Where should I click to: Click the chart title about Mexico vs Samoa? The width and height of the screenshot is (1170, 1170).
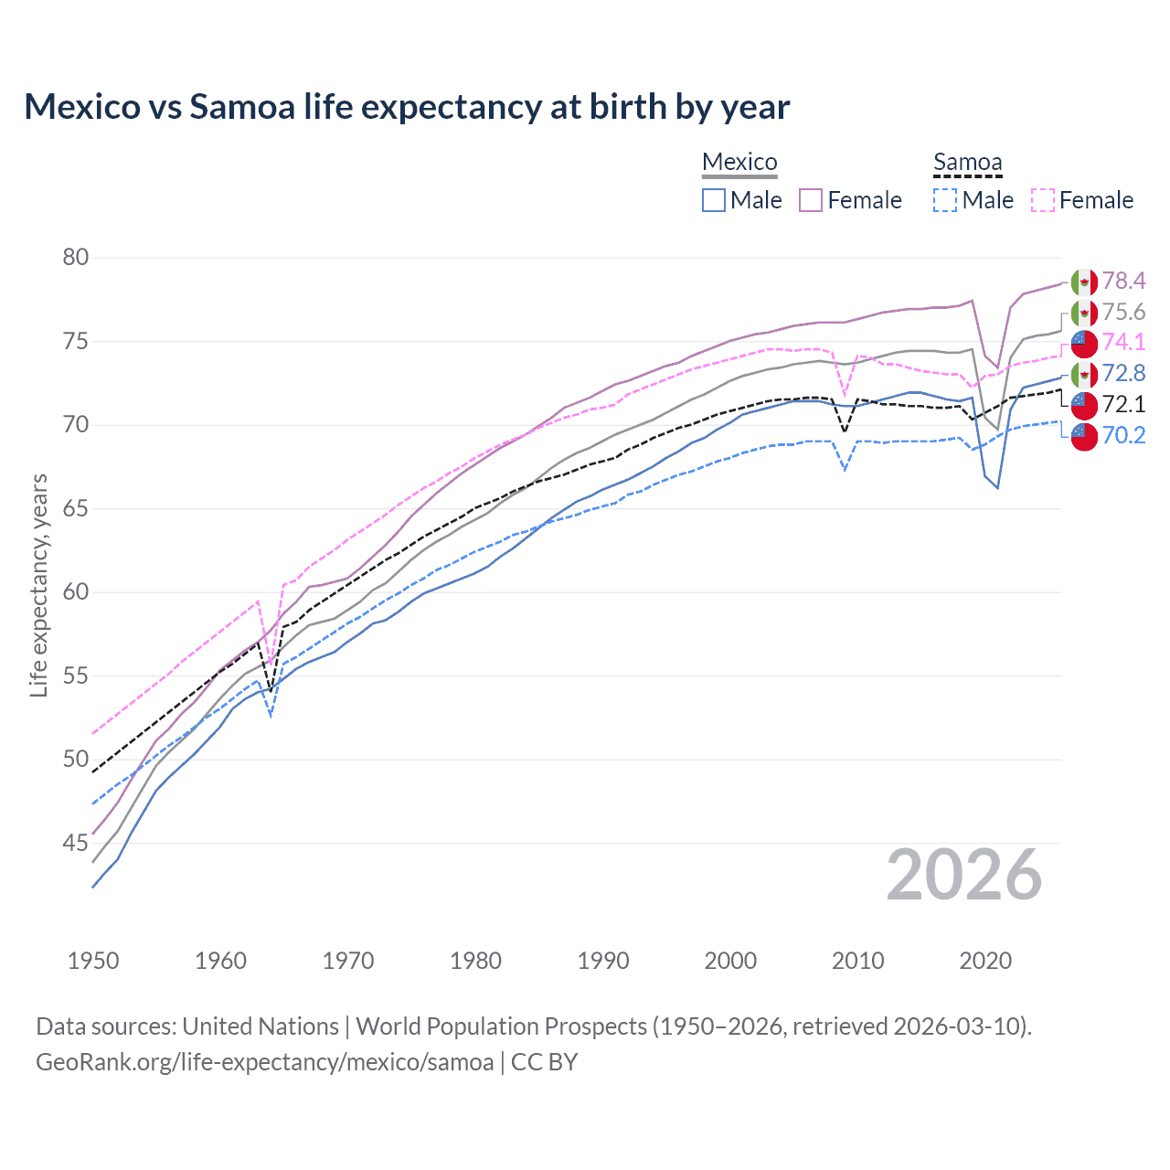pyautogui.click(x=407, y=107)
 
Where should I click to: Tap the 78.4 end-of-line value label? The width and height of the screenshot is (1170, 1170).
pyautogui.click(x=1123, y=281)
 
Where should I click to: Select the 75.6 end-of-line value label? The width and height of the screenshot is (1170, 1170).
pyautogui.click(x=1123, y=312)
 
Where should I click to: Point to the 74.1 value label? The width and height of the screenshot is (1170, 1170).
pyautogui.click(x=1123, y=342)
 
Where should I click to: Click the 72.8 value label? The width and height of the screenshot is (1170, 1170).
pyautogui.click(x=1123, y=373)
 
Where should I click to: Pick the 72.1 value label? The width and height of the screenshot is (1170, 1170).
pyautogui.click(x=1123, y=404)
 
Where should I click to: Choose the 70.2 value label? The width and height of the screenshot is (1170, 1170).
pyautogui.click(x=1123, y=435)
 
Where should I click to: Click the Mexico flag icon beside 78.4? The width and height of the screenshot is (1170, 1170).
pyautogui.click(x=1084, y=282)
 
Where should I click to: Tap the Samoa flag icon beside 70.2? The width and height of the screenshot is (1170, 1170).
pyautogui.click(x=1084, y=436)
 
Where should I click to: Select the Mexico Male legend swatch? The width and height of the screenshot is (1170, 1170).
pyautogui.click(x=714, y=200)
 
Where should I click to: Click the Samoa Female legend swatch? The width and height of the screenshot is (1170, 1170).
pyautogui.click(x=1043, y=200)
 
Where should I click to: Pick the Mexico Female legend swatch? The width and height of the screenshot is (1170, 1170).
pyautogui.click(x=811, y=200)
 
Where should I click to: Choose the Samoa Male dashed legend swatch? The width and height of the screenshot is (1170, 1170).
pyautogui.click(x=945, y=200)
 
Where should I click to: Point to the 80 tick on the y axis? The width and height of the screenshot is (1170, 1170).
pyautogui.click(x=76, y=258)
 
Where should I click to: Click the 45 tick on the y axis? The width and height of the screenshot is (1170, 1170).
pyautogui.click(x=76, y=843)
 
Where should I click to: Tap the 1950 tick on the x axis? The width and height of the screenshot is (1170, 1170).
pyautogui.click(x=93, y=961)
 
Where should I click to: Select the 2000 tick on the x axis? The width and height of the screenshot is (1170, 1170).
pyautogui.click(x=730, y=961)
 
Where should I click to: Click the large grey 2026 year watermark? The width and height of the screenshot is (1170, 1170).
pyautogui.click(x=964, y=876)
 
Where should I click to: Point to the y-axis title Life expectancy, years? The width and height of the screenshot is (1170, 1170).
pyautogui.click(x=39, y=585)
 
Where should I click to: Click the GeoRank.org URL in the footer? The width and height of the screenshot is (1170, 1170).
pyautogui.click(x=265, y=1062)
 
